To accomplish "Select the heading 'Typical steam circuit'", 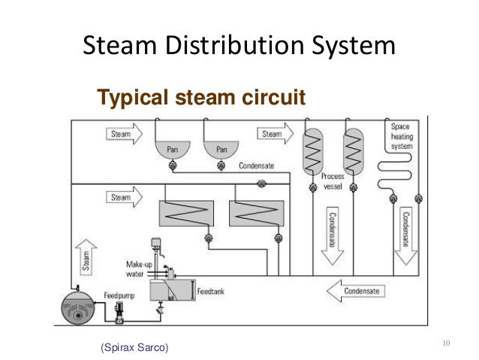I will [x=199, y=98].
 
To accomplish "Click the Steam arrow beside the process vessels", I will [x=276, y=135].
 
